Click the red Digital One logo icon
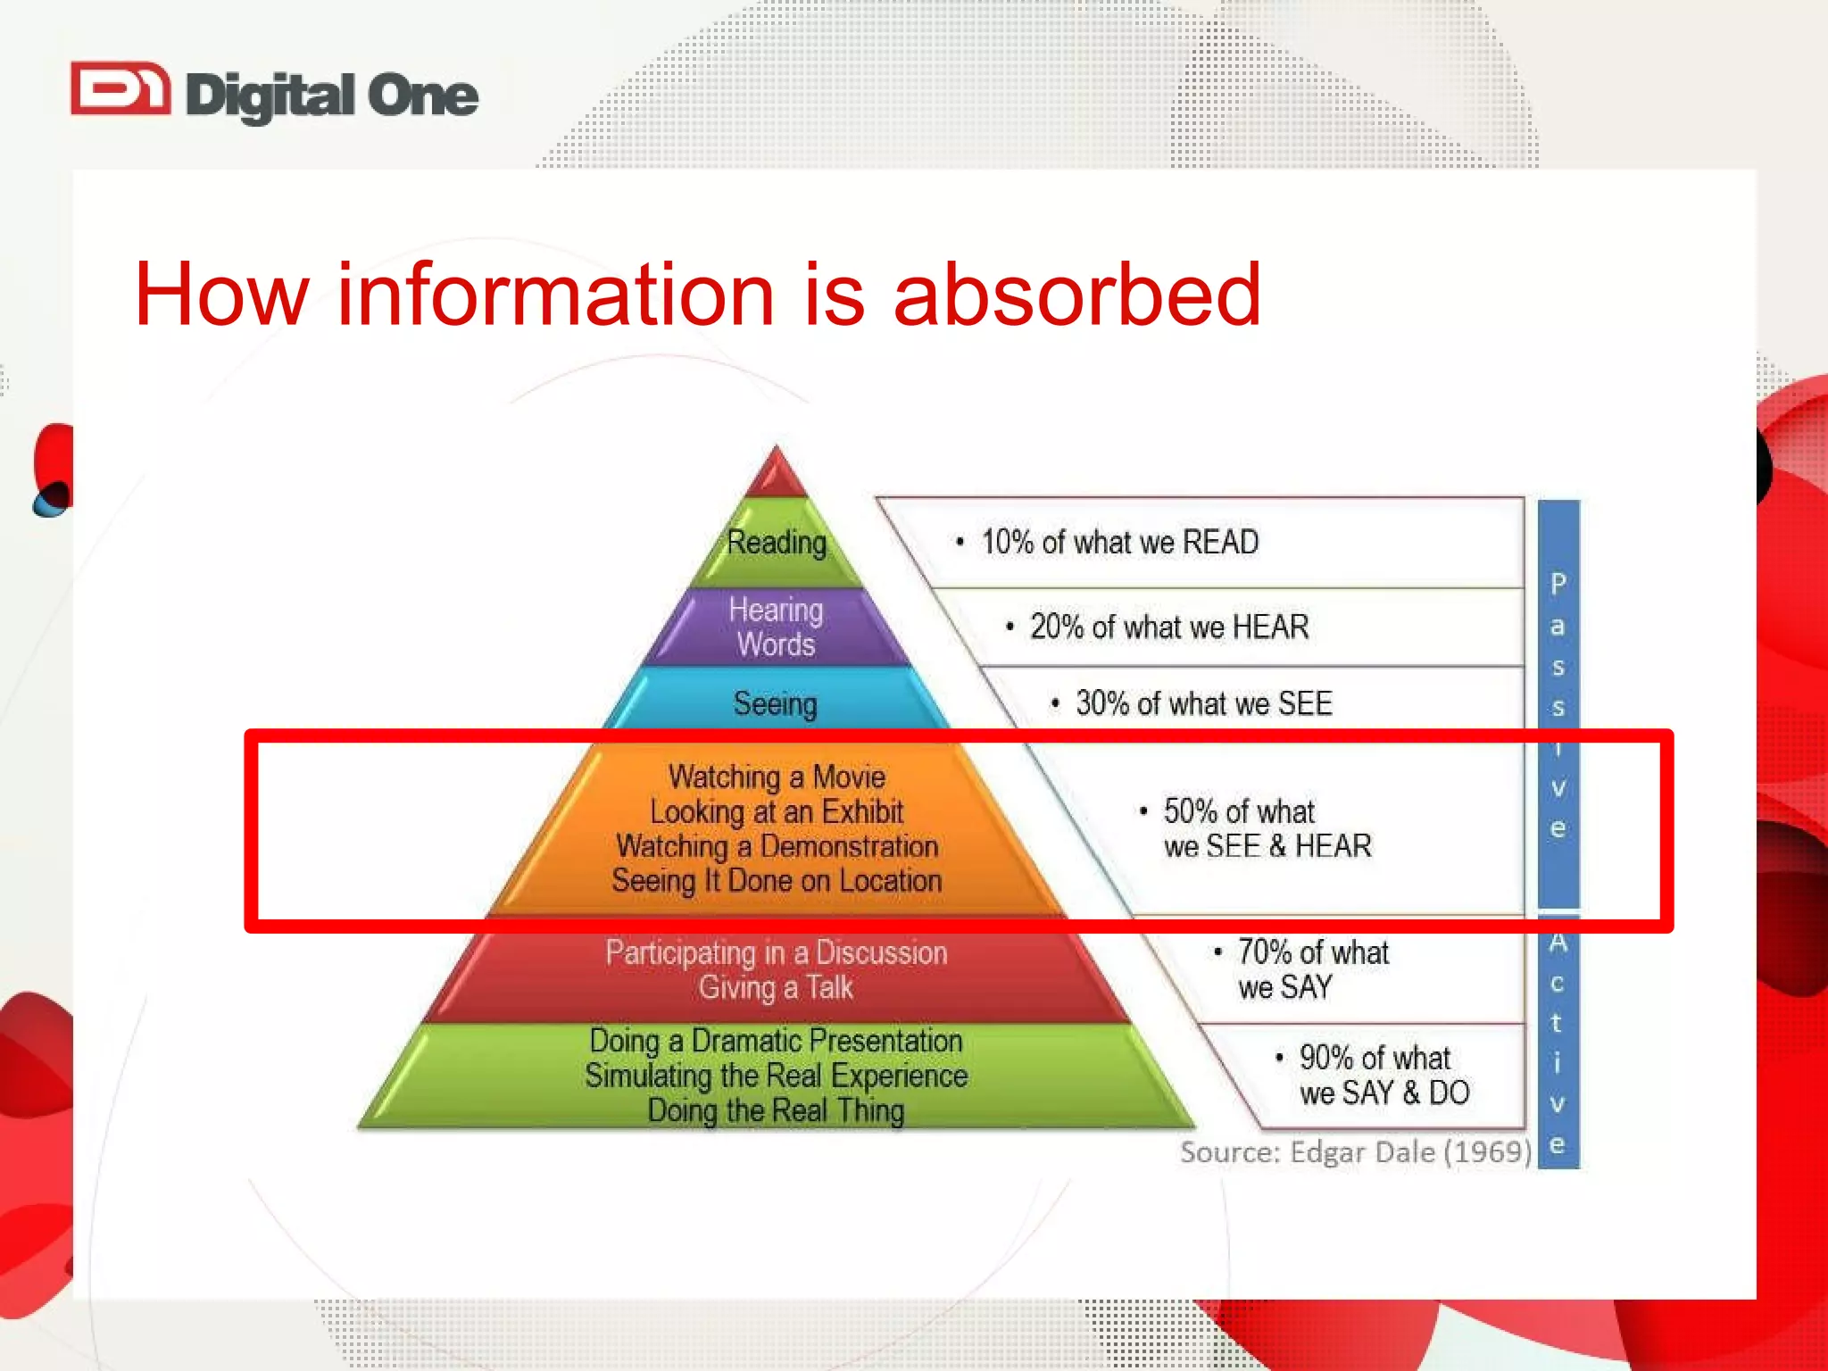(x=120, y=89)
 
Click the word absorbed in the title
(x=1076, y=295)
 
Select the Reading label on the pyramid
(x=777, y=542)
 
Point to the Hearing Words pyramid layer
(x=776, y=627)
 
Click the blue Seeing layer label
(x=775, y=703)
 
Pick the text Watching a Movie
(x=777, y=777)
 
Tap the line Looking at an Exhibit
(x=777, y=811)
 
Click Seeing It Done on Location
(x=777, y=881)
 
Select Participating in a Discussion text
(x=777, y=952)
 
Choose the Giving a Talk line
(x=777, y=987)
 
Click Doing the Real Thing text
(x=777, y=1110)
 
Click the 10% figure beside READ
(x=1007, y=542)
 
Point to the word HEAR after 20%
(x=1270, y=627)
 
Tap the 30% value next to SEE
(x=1102, y=703)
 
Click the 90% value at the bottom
(x=1326, y=1058)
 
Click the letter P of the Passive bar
(x=1558, y=584)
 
